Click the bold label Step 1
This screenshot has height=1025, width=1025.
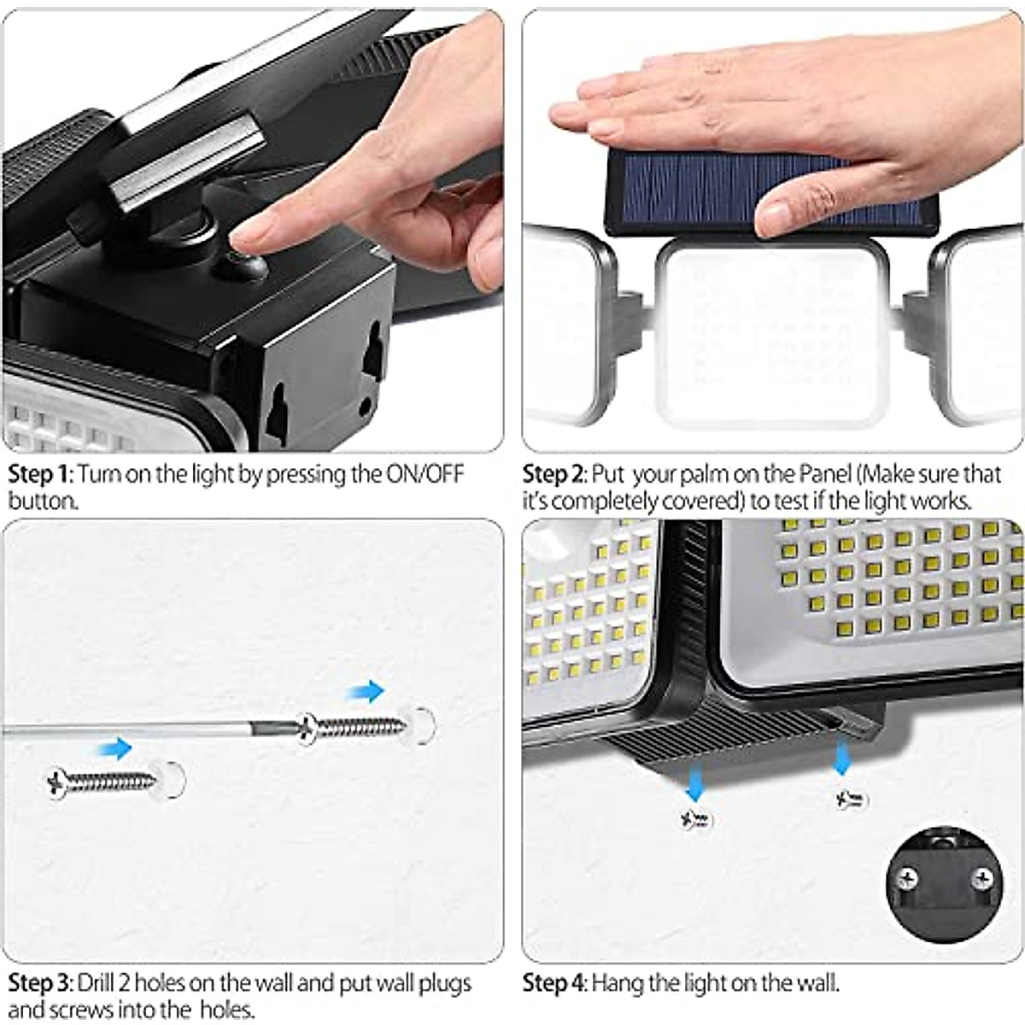(x=40, y=475)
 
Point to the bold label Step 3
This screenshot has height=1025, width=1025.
(x=40, y=983)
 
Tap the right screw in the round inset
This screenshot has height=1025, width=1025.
(x=986, y=876)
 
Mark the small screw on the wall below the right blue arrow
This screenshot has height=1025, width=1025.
(x=852, y=800)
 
